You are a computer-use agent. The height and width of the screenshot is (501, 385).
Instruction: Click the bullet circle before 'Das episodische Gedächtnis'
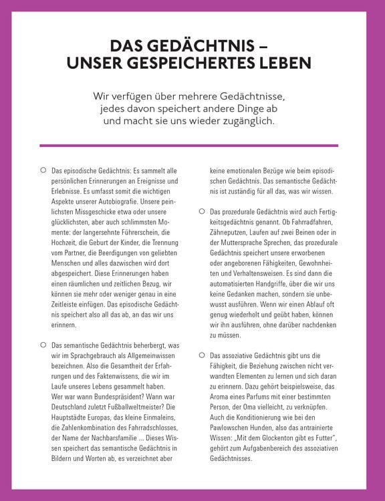pyautogui.click(x=43, y=171)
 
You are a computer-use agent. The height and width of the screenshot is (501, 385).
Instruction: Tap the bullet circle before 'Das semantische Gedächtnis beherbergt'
pyautogui.click(x=43, y=345)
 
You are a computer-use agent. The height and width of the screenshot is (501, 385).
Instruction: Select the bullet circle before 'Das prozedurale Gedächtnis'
pyautogui.click(x=201, y=211)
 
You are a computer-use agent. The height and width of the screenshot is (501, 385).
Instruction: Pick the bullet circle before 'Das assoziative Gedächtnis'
pyautogui.click(x=201, y=355)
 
